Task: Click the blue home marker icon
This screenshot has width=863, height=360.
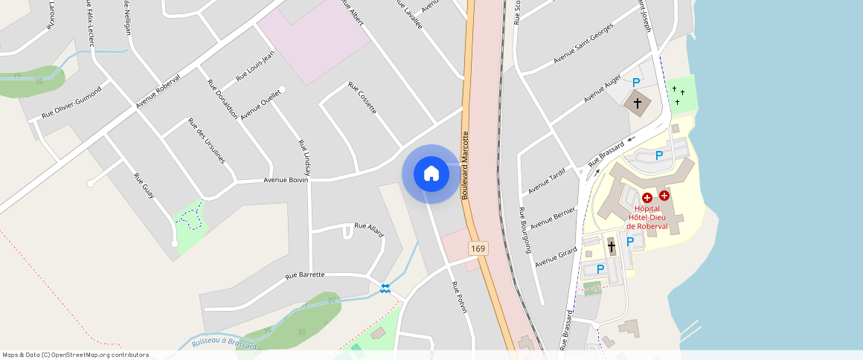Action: click(431, 174)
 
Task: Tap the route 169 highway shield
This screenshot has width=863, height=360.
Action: click(478, 248)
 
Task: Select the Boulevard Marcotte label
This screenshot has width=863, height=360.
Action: click(466, 166)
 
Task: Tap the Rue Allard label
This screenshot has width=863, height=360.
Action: click(369, 228)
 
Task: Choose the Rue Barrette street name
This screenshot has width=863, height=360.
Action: click(305, 275)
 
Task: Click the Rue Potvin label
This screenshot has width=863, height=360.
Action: click(459, 297)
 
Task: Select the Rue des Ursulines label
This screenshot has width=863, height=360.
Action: click(206, 140)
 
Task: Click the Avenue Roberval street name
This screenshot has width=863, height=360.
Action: click(158, 92)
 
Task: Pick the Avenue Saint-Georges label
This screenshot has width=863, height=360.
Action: click(583, 43)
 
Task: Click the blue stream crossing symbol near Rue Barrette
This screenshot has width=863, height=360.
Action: click(385, 288)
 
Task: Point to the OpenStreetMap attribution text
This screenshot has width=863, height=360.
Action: click(76, 355)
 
